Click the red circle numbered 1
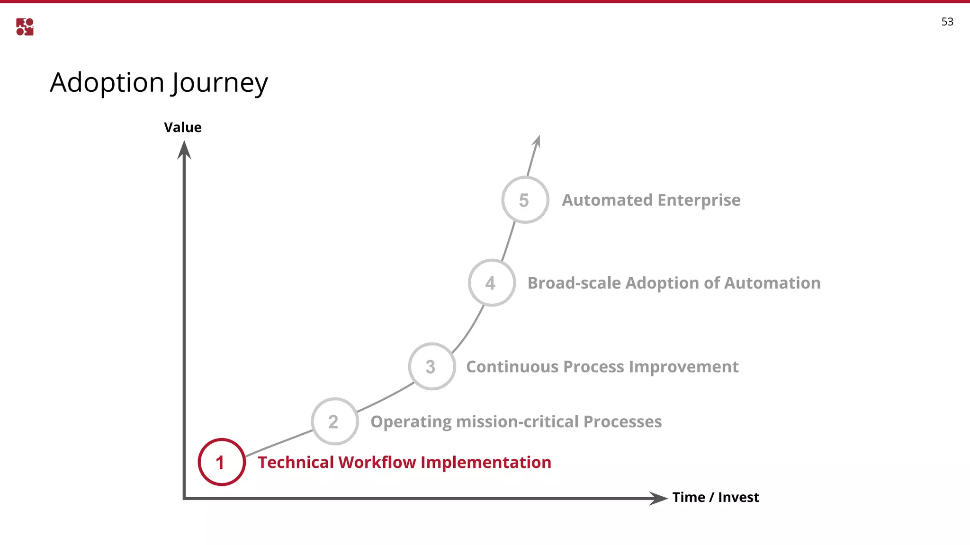tap(222, 462)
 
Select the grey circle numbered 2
tap(335, 421)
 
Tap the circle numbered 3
tap(432, 366)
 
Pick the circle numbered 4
tap(492, 283)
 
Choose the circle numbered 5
tap(525, 200)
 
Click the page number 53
tap(947, 22)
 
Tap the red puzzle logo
tap(25, 27)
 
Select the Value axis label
tap(182, 127)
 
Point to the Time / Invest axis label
tap(715, 497)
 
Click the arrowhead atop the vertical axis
tap(184, 150)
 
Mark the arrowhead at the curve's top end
tap(537, 141)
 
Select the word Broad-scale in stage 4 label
tap(574, 283)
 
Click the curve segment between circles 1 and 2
tap(278, 443)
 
